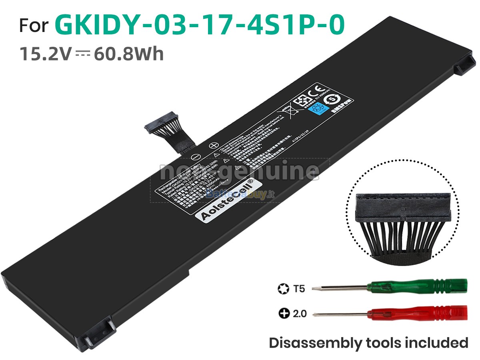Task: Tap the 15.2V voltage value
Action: coord(45,54)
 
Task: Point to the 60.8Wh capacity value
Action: coord(129,54)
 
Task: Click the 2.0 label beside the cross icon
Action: coord(299,314)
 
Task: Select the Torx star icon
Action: coord(282,288)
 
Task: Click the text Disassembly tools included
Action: coord(368,343)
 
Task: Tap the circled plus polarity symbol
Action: coord(214,147)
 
